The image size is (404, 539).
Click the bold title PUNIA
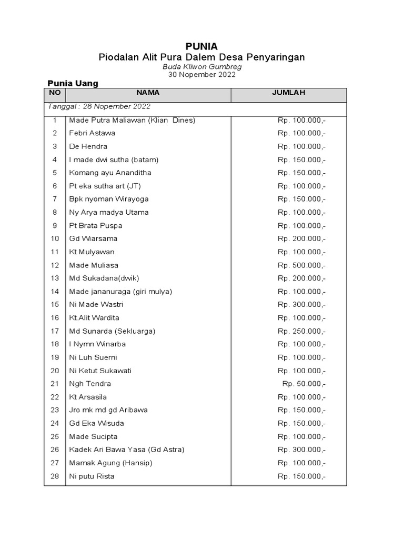pos(201,46)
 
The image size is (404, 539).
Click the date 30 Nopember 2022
pos(202,74)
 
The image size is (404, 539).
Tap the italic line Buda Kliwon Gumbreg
pos(202,66)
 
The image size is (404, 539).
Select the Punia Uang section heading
pos(73,83)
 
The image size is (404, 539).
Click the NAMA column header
pos(148,93)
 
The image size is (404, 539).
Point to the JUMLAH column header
pos(288,93)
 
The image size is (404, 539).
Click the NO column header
pos(55,93)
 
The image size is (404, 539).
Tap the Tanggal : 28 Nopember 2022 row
pos(99,106)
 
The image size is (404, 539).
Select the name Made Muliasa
pos(94,265)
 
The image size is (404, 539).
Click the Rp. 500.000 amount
pos(301,265)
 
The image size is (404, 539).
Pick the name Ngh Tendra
pos(90,384)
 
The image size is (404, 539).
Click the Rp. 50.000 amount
pos(304,384)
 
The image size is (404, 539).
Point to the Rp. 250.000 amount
pos(301,331)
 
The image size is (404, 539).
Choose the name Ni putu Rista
pos(92,476)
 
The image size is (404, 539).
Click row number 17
pos(55,331)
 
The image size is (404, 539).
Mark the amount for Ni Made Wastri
pos(301,305)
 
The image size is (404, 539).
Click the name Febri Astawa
pos(92,133)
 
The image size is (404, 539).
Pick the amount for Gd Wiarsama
pos(301,238)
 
